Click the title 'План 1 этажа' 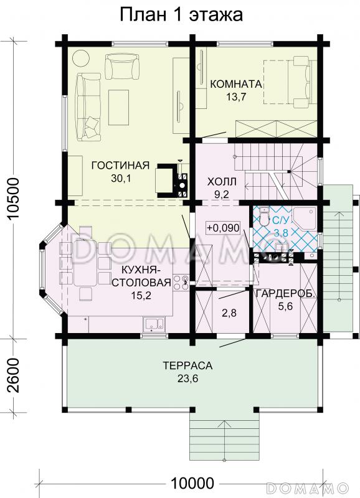click(181, 14)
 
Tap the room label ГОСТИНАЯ click(120, 166)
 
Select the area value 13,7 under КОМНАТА click(236, 97)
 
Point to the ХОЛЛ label click(222, 182)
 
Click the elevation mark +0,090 click(223, 228)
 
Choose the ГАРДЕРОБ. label click(285, 293)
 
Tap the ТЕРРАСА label click(187, 365)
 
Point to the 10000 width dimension click(192, 483)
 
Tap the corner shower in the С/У click(305, 218)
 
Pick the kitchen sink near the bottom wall click(154, 324)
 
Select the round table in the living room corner click(81, 57)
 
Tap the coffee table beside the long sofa click(118, 107)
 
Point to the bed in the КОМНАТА click(290, 82)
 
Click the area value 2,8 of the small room click(229, 313)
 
